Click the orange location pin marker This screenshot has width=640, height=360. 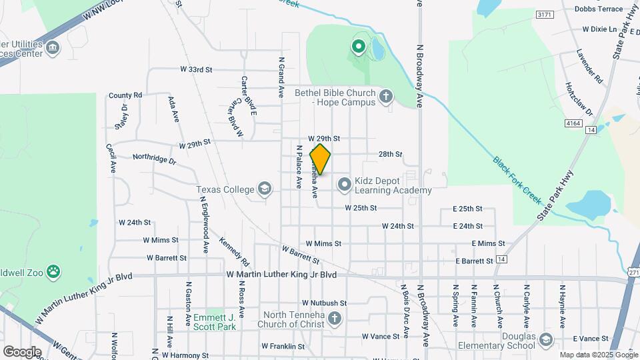point(321,159)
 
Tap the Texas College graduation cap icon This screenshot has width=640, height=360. point(265,189)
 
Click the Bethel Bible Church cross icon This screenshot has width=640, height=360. point(385,98)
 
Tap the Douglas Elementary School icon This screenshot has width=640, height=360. point(547,339)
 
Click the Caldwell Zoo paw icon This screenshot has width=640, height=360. point(53,272)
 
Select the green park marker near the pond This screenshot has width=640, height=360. point(358,47)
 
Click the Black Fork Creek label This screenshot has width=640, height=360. point(517,180)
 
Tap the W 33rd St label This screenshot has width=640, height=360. point(196,69)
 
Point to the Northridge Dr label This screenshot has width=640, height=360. point(154,159)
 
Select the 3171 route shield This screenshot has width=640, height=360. point(545,14)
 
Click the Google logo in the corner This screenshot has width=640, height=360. point(22,352)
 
